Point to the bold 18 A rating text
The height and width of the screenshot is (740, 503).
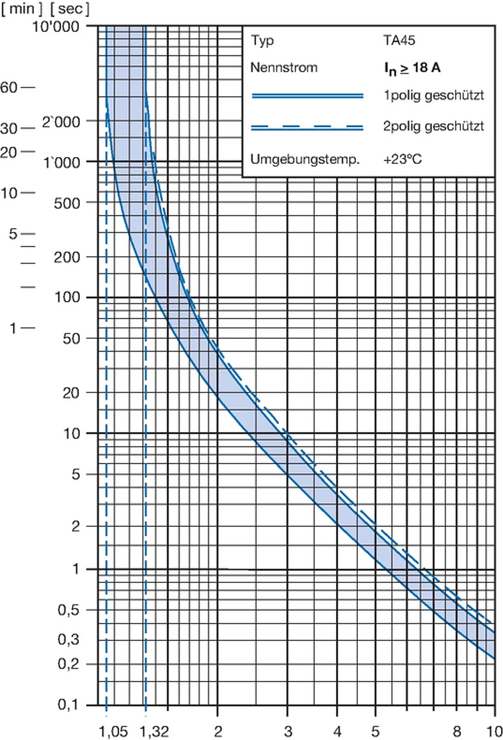click(421, 68)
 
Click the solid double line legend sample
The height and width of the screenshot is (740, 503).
click(307, 96)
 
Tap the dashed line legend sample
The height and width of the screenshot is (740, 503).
click(307, 128)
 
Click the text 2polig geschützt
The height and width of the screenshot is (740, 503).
click(430, 127)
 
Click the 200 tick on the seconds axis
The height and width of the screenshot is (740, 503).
click(74, 257)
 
